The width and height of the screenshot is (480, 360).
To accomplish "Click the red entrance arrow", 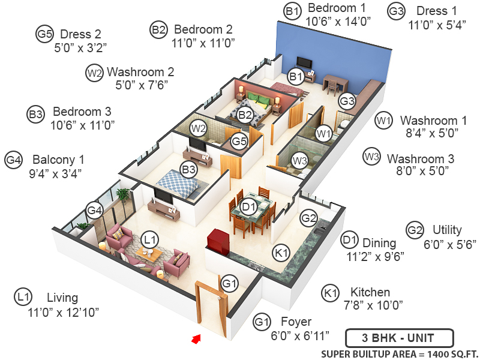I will click(195, 340).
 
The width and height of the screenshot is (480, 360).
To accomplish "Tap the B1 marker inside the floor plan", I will click(295, 76).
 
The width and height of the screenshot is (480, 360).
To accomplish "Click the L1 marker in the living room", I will click(151, 239).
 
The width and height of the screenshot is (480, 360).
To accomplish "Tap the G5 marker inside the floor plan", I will click(239, 142).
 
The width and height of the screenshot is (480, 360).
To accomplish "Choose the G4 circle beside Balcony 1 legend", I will click(14, 160).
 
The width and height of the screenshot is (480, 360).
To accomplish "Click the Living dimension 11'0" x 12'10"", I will click(62, 312).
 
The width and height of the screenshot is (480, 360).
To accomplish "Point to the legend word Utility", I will click(447, 230).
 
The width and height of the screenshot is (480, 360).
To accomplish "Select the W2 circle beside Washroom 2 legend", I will click(94, 73).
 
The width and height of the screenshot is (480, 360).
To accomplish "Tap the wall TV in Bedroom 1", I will click(305, 63).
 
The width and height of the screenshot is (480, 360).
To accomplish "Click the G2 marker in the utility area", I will click(308, 218).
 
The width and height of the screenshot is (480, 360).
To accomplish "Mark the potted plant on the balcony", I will click(124, 195).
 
